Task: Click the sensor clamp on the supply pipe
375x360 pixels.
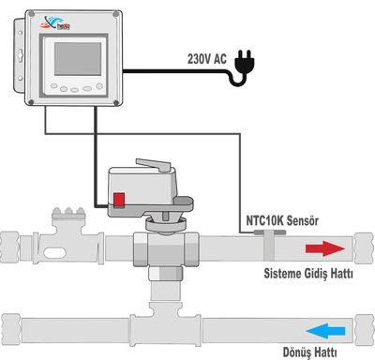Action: [x=266, y=246]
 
